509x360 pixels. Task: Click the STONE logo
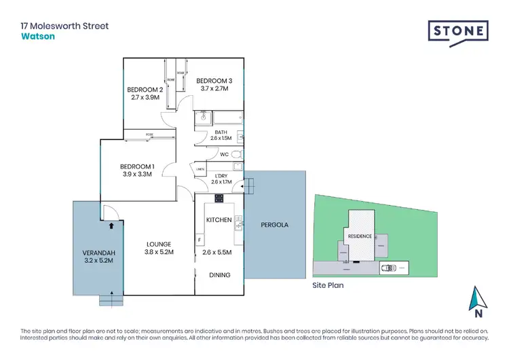[x=457, y=31]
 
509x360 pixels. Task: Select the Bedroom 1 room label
[x=138, y=166]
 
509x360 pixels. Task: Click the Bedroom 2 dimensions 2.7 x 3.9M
[x=145, y=97]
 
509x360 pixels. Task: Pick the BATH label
[x=221, y=132]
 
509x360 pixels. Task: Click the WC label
[x=223, y=155]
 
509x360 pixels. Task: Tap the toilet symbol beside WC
[x=236, y=155]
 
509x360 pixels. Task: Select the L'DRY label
[x=221, y=176]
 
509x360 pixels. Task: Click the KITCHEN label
[x=219, y=219]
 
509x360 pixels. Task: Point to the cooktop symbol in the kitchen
[x=219, y=198]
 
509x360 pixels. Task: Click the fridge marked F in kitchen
[x=200, y=240]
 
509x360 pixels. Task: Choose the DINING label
[x=220, y=275]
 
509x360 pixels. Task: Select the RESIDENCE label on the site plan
[x=360, y=236]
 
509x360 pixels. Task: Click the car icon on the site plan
[x=389, y=268]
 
